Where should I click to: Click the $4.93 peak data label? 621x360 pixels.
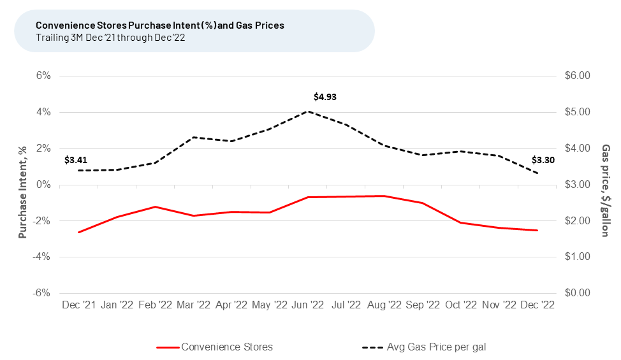(x=325, y=97)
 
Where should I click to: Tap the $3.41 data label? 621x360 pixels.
(x=76, y=160)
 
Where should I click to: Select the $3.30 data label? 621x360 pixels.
(x=543, y=160)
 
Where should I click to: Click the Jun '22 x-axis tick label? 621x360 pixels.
(x=308, y=305)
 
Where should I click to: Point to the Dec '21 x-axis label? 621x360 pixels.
(x=79, y=305)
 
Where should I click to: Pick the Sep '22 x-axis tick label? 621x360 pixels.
(x=422, y=305)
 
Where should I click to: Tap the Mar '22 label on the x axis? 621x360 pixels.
(x=193, y=305)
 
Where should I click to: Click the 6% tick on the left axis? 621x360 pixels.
(x=43, y=76)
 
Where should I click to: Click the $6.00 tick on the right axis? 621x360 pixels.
(x=578, y=76)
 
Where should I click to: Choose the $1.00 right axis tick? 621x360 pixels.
(x=578, y=257)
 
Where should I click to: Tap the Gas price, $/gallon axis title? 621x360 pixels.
(x=606, y=190)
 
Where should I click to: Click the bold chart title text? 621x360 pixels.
(x=160, y=25)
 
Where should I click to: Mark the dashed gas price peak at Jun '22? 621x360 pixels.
(x=308, y=112)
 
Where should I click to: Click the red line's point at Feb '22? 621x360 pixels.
(x=155, y=206)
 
